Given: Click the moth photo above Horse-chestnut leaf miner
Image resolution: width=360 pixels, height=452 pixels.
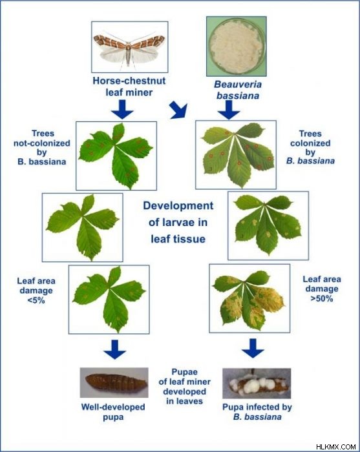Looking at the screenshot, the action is point(129,46).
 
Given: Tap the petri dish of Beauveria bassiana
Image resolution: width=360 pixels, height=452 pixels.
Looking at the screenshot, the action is point(237,46).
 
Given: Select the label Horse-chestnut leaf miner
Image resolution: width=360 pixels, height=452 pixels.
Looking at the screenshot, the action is point(129,86).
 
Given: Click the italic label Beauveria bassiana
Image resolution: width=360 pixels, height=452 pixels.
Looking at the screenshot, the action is point(238,90).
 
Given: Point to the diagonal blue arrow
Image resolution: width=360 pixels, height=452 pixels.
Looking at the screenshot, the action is point(178,110).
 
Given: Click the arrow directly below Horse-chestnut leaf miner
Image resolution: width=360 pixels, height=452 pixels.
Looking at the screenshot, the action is point(122,110).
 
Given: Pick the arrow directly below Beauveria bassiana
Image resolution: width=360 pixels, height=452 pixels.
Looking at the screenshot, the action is point(229,110).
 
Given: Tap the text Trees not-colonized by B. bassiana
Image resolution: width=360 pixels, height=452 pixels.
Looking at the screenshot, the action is point(42,147).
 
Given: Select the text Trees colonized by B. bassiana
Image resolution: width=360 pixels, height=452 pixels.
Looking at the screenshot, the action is point(310,147).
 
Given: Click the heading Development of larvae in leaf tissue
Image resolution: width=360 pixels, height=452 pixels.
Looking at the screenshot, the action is point(178,222).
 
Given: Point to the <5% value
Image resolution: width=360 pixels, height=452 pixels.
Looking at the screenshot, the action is point(36,300).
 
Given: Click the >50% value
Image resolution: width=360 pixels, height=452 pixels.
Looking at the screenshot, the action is point(322,298).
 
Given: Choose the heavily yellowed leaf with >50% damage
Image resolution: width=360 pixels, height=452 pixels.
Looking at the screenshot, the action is point(249,298).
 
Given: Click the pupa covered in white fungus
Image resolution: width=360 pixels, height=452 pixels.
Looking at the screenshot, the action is point(257,384).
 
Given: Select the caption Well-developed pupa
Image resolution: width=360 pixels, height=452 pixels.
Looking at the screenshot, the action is point(113,412).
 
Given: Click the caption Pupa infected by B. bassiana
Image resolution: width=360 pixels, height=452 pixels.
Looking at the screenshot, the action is point(257,412).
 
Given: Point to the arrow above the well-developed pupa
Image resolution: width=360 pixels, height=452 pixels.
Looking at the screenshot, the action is point(115,349).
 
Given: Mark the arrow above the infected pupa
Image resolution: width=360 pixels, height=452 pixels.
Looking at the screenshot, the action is point(253,349).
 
